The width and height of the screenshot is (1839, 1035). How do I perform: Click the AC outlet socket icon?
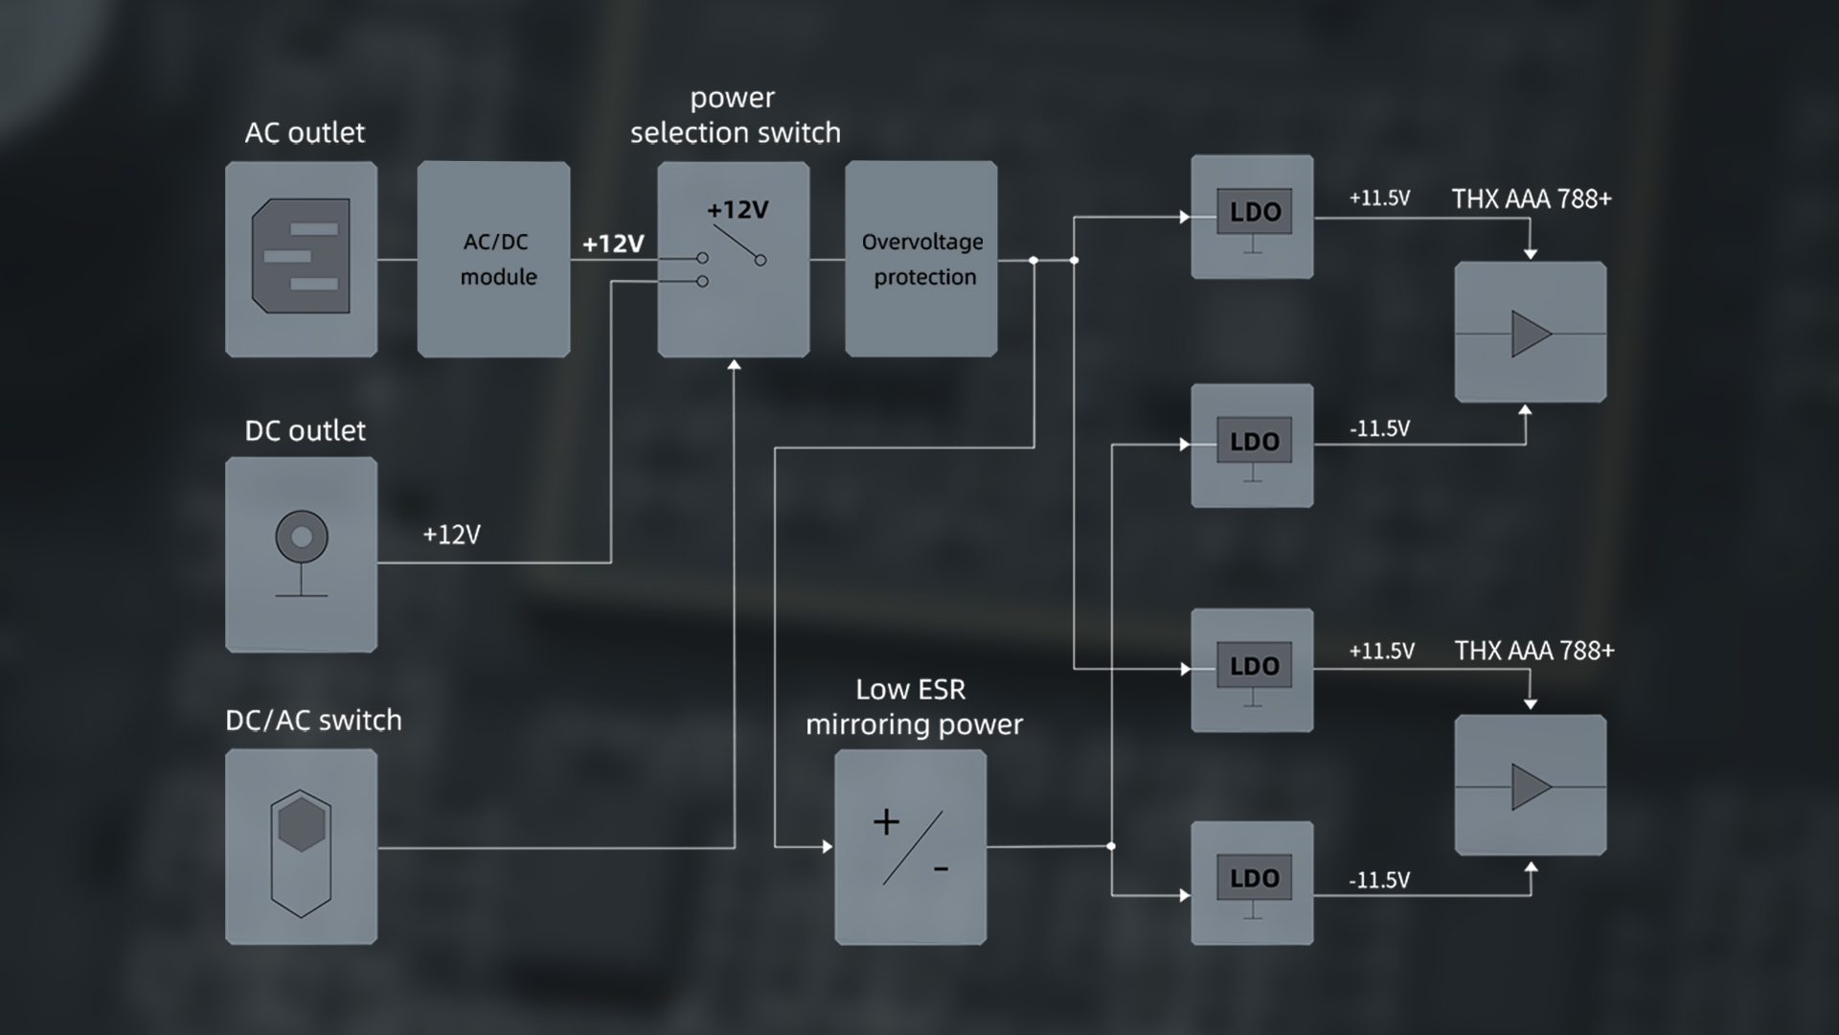pos(301,256)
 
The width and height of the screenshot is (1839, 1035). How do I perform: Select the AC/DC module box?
pos(493,259)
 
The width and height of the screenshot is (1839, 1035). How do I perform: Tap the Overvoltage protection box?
pos(921,259)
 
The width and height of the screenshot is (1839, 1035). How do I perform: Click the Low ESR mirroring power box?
pos(910,847)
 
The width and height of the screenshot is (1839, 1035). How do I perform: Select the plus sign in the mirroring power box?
pos(886,822)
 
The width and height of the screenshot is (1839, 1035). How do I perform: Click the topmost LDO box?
pos(1252,217)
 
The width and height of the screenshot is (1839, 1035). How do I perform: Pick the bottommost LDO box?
pos(1252,883)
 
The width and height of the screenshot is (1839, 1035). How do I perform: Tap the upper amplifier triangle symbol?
pos(1530,333)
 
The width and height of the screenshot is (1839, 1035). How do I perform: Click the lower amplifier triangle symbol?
pos(1530,787)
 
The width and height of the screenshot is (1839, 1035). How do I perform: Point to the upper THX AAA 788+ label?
pos(1532,198)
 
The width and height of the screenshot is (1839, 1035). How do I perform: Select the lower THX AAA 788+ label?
pos(1534,651)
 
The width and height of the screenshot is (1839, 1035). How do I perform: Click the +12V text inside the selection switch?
pos(738,210)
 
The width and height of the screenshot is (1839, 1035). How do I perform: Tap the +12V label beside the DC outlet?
pos(451,535)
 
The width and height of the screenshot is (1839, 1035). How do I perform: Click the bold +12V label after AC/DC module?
pos(613,243)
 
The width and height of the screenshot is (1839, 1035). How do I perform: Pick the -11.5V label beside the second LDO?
pos(1379,428)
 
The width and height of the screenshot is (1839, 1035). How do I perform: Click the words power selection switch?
pos(735,115)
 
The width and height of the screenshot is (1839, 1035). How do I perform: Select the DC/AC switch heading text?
pos(313,720)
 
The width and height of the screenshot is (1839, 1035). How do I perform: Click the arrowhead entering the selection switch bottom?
pos(735,365)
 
